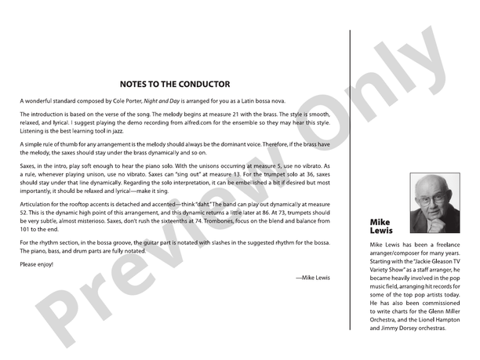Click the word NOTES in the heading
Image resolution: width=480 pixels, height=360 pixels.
(136, 84)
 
